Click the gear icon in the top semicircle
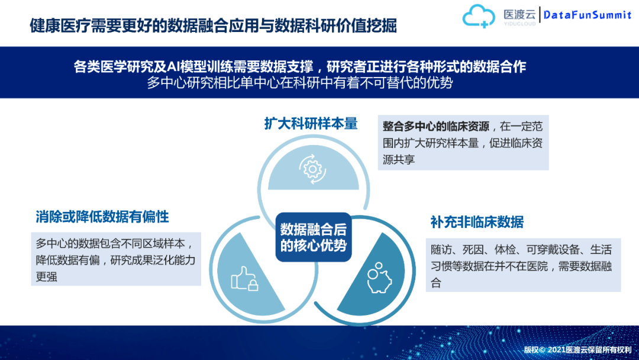(x=311, y=168)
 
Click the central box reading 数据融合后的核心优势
(x=314, y=237)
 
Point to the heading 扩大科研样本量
(x=311, y=123)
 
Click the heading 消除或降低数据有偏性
(x=102, y=217)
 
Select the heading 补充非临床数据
(x=477, y=222)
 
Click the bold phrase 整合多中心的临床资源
(x=435, y=127)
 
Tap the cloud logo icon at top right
(x=479, y=16)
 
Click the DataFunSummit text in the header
(x=587, y=15)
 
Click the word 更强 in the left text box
(x=47, y=277)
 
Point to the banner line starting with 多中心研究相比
(x=299, y=83)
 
